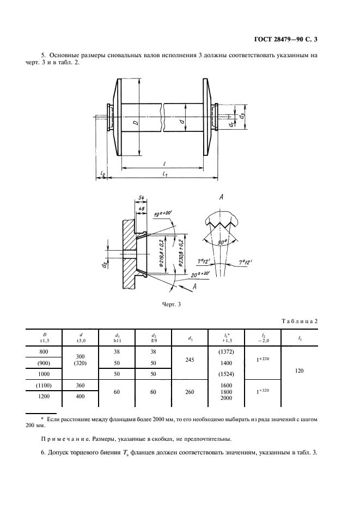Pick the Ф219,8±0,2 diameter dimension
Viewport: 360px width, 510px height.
[x=162, y=254]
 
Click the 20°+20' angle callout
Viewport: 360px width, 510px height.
[x=200, y=274]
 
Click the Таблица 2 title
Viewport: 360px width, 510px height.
[x=299, y=321]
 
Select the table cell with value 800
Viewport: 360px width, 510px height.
[x=44, y=351]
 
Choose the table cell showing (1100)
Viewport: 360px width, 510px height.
[x=44, y=385]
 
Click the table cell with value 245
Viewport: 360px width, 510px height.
[x=190, y=360]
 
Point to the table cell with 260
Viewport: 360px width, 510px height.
[x=190, y=392]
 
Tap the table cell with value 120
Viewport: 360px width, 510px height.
[x=299, y=371]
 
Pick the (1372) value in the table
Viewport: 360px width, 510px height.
[x=226, y=351]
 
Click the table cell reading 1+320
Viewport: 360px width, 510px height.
[x=263, y=391]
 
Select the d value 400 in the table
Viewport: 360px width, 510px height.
[x=80, y=396]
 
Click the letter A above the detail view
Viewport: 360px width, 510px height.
[x=221, y=197]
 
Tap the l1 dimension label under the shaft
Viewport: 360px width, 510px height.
[x=164, y=175]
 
